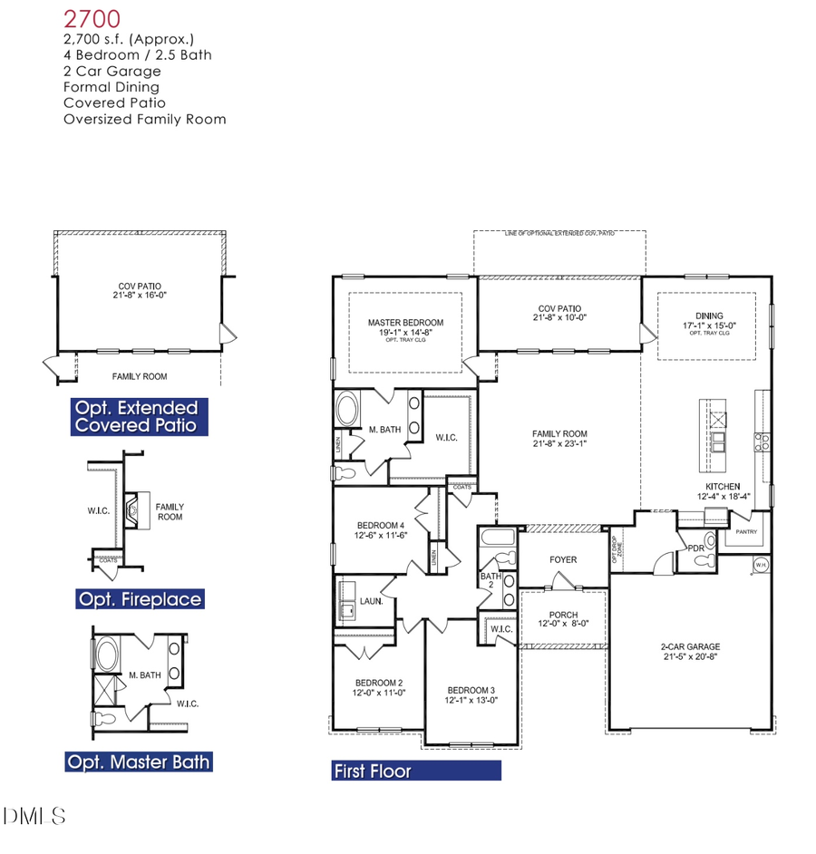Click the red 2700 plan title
pos(91,19)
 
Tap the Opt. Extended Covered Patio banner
pos(138,416)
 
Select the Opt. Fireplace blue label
pos(140,599)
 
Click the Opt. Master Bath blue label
pos(138,762)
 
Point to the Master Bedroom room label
pos(405,323)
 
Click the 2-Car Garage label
pos(690,647)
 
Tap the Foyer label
pos(563,559)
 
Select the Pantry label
pos(746,532)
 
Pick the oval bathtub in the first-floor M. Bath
pos(346,410)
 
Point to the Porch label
pos(563,616)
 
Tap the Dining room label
pos(709,315)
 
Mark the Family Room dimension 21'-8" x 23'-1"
pos(559,445)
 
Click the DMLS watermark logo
pos(34,816)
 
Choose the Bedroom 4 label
pos(380,525)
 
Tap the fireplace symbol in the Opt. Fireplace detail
pos(134,509)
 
